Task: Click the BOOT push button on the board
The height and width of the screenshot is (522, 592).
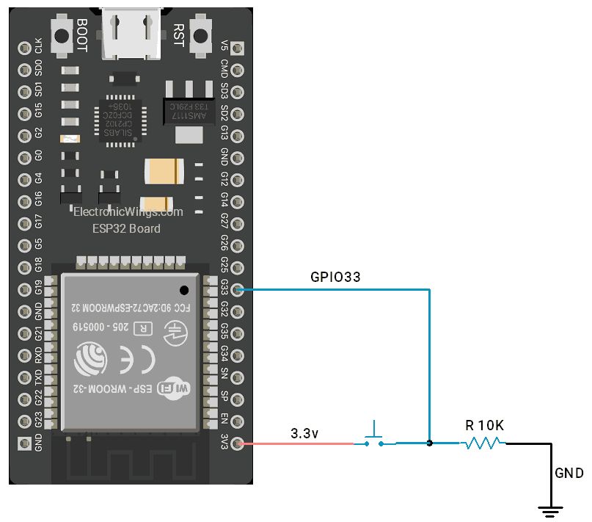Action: tap(61, 35)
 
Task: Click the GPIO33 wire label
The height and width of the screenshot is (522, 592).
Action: tap(335, 277)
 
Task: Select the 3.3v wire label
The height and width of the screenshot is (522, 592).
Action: tap(304, 433)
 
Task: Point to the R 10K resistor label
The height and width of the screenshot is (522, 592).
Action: tap(484, 426)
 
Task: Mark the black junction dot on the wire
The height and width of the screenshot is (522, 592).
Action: tap(430, 443)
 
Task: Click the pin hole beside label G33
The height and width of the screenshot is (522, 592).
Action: tap(237, 290)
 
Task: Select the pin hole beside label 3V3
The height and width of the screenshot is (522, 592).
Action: tap(237, 443)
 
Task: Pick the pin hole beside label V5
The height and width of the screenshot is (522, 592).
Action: tap(237, 48)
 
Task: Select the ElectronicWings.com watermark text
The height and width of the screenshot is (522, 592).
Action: tap(128, 212)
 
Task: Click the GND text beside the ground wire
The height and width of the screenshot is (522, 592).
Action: tap(569, 474)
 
